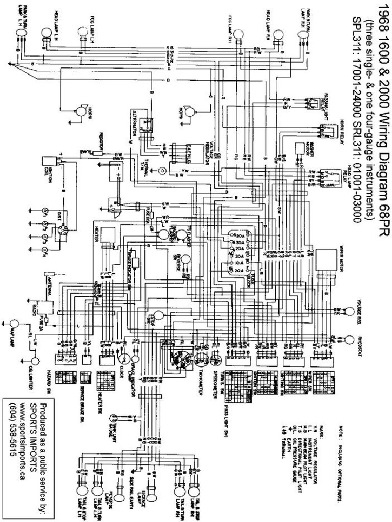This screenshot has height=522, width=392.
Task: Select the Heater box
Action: [x=108, y=237]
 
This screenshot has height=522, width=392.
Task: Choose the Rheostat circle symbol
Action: [x=350, y=340]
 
